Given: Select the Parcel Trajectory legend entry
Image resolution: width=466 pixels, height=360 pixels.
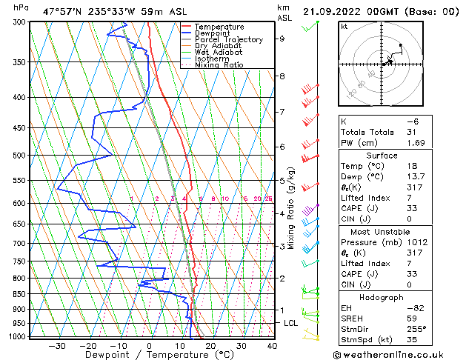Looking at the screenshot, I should click(x=228, y=40).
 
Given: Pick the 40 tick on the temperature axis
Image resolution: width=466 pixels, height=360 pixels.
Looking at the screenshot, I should click(x=272, y=346).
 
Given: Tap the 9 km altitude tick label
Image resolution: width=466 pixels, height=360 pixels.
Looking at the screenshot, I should click(x=282, y=39).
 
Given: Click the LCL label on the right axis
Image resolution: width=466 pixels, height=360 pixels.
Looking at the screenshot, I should click(x=291, y=324).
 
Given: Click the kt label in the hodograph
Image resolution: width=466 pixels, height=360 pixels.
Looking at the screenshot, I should click(x=344, y=26).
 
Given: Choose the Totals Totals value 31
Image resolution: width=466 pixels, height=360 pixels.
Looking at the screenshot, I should click(x=412, y=132).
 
